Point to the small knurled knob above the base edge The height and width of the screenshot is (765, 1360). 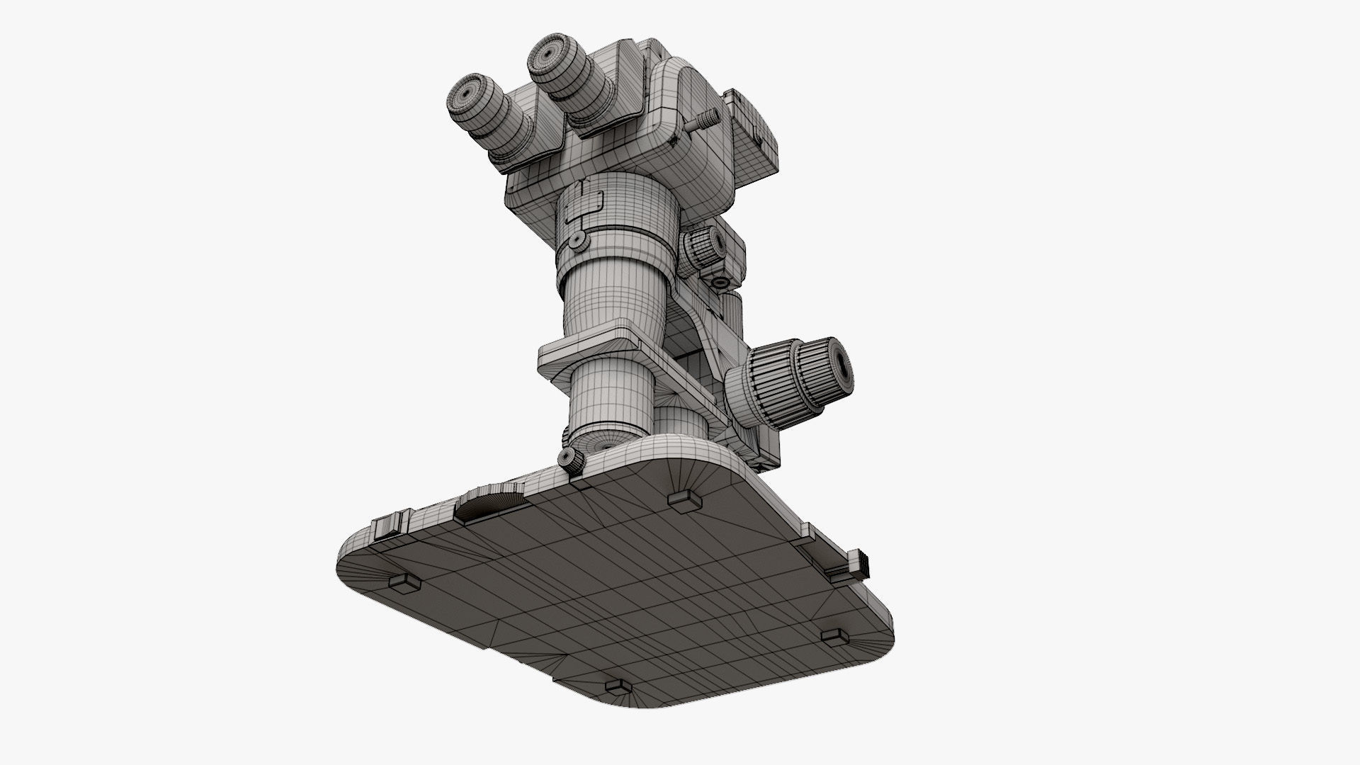click(x=571, y=459)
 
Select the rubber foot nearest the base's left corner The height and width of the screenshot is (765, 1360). click(x=404, y=583)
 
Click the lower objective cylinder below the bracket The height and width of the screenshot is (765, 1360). click(x=613, y=404)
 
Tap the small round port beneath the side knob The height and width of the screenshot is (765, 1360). click(x=721, y=282)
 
